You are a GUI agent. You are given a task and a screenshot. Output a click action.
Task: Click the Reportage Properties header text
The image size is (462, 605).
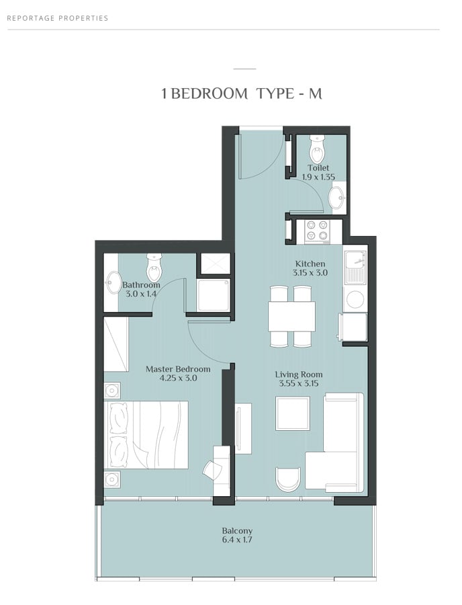58,18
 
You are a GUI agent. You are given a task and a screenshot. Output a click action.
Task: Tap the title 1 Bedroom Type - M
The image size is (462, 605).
242,93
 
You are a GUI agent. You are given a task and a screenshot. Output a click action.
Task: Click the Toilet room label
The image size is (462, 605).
318,168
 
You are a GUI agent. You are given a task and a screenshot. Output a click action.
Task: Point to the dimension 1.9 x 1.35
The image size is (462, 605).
318,177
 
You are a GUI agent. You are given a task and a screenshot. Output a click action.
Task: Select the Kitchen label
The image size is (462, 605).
310,264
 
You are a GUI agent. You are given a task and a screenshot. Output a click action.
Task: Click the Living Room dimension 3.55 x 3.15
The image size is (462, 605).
299,384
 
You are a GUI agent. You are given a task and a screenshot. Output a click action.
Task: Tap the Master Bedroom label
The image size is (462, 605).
178,369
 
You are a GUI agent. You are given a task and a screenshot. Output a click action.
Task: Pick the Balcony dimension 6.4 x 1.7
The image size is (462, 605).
237,540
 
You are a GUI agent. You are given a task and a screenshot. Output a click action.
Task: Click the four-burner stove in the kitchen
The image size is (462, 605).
317,231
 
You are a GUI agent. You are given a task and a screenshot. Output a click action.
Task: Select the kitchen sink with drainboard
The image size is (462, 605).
355,266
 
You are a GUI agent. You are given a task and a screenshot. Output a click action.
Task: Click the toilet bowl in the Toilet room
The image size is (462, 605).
317,150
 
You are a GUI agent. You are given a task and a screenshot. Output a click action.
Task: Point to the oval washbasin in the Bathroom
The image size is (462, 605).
113,282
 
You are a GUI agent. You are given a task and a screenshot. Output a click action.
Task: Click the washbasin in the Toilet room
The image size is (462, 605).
337,198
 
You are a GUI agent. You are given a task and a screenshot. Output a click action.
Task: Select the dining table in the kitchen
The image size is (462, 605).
291,316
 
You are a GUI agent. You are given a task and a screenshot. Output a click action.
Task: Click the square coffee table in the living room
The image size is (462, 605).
293,413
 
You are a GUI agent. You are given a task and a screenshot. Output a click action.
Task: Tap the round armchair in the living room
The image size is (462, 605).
288,479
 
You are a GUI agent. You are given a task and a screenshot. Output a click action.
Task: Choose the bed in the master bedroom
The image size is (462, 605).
146,434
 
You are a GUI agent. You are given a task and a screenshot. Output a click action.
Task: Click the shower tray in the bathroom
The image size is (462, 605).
214,295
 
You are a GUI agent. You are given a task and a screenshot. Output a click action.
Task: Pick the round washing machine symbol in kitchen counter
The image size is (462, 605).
355,299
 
